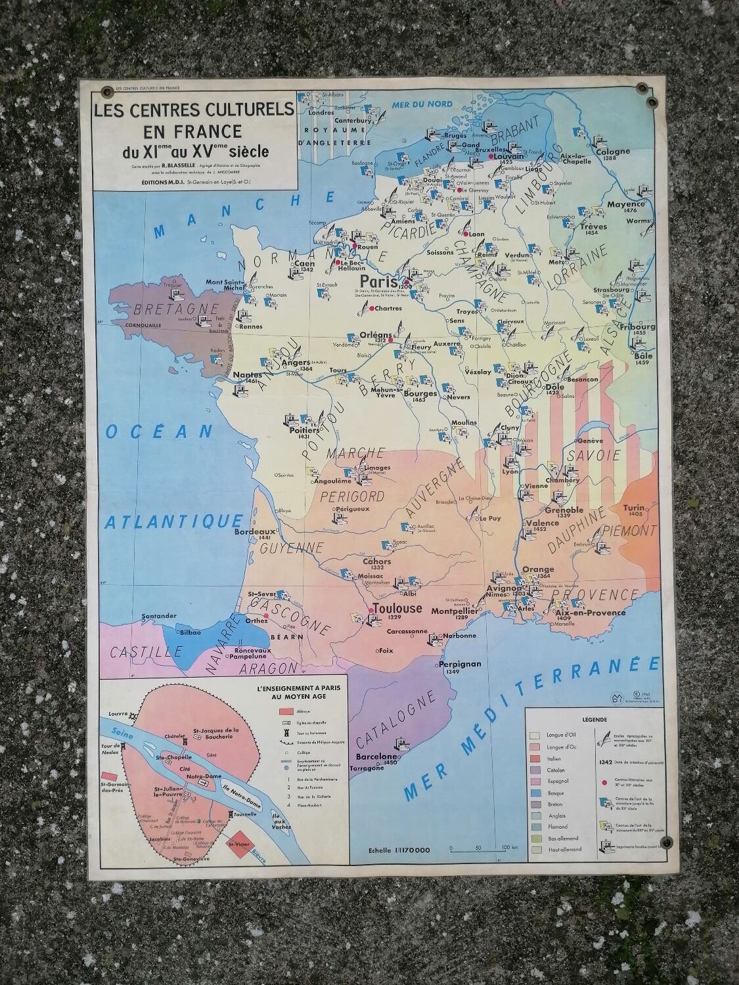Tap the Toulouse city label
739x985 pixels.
(x=397, y=608)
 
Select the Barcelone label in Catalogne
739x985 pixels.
(x=372, y=756)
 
